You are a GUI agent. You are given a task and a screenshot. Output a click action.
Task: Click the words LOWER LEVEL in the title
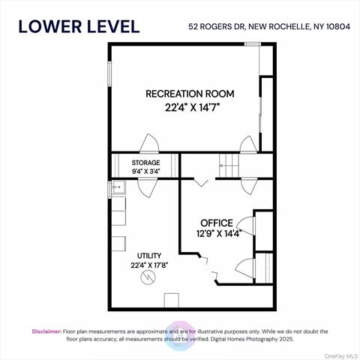(x=79, y=26)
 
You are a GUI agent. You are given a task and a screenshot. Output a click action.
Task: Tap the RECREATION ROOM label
(x=190, y=94)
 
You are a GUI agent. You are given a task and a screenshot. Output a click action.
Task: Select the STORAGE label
(x=145, y=162)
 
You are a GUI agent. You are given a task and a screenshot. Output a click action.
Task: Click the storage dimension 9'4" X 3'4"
(x=145, y=170)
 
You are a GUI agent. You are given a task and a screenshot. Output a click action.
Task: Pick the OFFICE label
(x=216, y=223)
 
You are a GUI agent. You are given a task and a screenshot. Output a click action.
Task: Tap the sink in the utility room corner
(x=118, y=189)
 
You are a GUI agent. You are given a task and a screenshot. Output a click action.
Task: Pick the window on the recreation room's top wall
(x=252, y=44)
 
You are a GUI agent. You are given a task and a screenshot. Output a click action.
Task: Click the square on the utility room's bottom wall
(x=172, y=301)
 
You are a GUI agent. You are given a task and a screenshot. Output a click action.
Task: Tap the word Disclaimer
(x=46, y=331)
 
